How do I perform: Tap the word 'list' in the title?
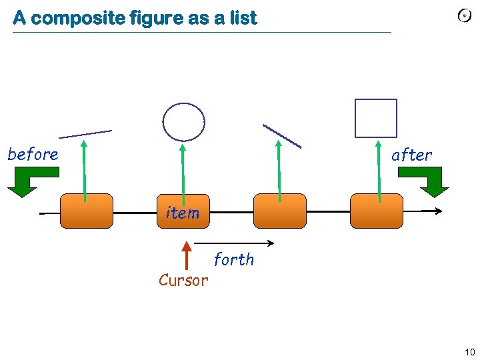click(x=244, y=18)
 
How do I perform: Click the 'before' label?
click(x=33, y=155)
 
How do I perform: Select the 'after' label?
click(x=411, y=155)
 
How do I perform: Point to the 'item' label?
click(x=182, y=213)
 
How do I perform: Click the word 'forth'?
click(x=234, y=259)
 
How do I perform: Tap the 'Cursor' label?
click(x=183, y=281)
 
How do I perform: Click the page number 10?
click(x=469, y=352)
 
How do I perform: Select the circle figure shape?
click(x=184, y=121)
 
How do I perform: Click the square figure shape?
click(x=375, y=118)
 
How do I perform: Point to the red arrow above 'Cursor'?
click(x=187, y=256)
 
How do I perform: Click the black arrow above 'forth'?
click(x=237, y=243)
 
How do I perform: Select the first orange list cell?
click(x=87, y=211)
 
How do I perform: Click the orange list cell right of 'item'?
click(x=280, y=211)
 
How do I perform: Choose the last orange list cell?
click(x=377, y=211)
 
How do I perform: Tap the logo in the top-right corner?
click(x=465, y=17)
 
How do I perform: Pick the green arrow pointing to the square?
click(x=379, y=170)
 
